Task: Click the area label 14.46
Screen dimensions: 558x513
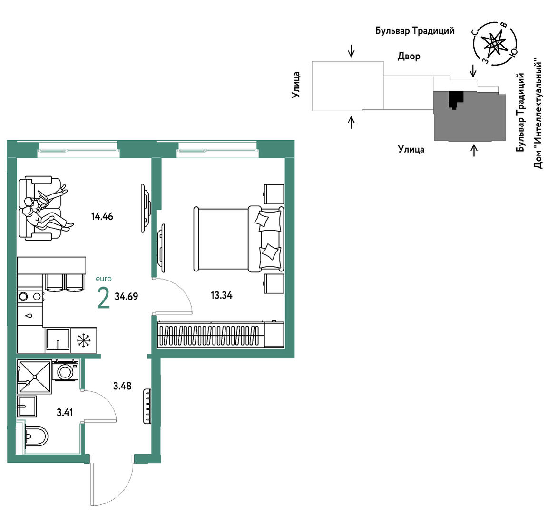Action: pyautogui.click(x=102, y=216)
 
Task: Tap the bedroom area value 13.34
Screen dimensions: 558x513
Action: pyautogui.click(x=221, y=295)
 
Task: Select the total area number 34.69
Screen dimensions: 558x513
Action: pyautogui.click(x=127, y=296)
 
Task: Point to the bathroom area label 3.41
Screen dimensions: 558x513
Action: pyautogui.click(x=65, y=413)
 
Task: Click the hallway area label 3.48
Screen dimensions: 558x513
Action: pyautogui.click(x=122, y=386)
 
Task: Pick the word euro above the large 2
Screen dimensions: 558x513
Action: pyautogui.click(x=104, y=279)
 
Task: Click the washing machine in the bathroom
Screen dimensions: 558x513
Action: pyautogui.click(x=66, y=370)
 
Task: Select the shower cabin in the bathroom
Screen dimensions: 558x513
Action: pyautogui.click(x=35, y=377)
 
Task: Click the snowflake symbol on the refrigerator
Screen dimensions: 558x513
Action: pyautogui.click(x=84, y=340)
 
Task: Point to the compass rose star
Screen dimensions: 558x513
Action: pyautogui.click(x=494, y=44)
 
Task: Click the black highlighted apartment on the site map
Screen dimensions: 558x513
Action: pyautogui.click(x=456, y=100)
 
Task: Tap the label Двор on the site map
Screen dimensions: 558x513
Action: pyautogui.click(x=409, y=56)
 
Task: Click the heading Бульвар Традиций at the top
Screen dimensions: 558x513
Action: pyautogui.click(x=415, y=31)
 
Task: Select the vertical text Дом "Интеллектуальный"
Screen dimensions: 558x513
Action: pyautogui.click(x=538, y=115)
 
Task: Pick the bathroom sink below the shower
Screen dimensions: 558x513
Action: pyautogui.click(x=27, y=407)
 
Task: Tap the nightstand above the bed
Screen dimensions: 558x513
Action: pyautogui.click(x=274, y=194)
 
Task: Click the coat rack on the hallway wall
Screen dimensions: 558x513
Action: pyautogui.click(x=147, y=407)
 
